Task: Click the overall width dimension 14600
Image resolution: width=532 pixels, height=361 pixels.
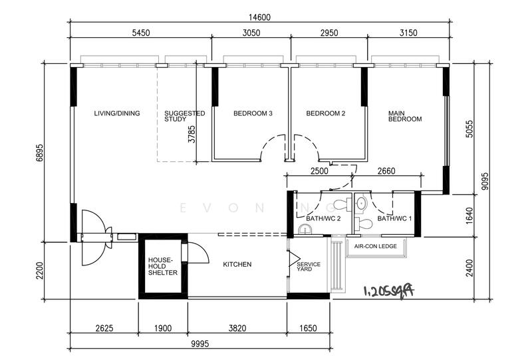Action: pos(260,17)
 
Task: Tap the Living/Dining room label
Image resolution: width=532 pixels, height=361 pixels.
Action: pos(117,113)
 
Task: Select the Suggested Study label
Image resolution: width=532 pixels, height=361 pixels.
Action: pos(185,116)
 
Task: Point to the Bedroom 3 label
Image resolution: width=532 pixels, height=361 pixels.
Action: pos(253,113)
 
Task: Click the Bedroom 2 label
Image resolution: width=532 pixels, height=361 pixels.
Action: pos(326,113)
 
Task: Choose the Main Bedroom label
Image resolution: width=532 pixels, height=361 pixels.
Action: pos(405,116)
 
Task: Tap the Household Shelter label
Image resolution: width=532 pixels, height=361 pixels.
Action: pos(163,266)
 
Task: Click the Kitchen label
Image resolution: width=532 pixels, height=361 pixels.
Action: pos(237,264)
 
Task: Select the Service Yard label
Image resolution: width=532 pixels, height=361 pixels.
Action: pos(309,266)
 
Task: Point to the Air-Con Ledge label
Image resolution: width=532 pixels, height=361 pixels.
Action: pos(376,246)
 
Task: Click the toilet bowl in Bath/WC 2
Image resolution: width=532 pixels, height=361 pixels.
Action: pos(342,204)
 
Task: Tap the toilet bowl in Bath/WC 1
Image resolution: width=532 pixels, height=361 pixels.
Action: pos(363,224)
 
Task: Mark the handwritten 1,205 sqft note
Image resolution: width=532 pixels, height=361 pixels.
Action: pos(389,291)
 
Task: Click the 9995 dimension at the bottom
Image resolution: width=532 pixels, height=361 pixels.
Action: pos(200,344)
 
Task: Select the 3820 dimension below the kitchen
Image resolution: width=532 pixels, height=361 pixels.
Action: pos(237,328)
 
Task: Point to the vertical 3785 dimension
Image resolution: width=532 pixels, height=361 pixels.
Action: pos(192,134)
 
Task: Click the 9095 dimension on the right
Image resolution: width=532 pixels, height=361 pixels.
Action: pos(485,181)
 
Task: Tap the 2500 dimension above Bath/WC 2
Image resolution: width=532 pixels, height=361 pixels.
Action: pos(319,171)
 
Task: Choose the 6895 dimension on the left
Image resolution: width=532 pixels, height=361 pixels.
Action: pos(39,153)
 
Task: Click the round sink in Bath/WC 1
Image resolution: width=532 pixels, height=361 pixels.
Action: pos(362,204)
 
